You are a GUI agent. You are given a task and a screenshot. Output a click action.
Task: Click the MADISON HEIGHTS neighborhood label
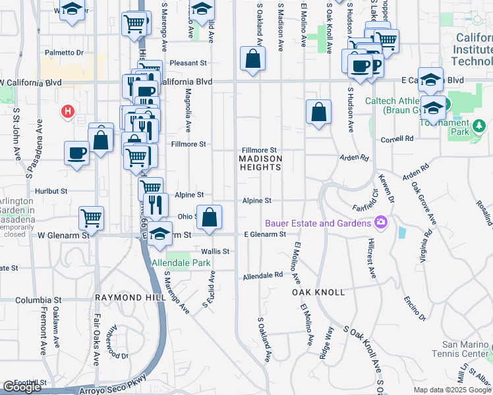(260, 163)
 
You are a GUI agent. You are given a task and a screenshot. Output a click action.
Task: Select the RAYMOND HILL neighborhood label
(128, 298)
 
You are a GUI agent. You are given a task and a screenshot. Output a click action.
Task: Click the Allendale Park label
(181, 263)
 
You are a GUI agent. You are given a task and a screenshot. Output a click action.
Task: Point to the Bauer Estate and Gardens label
(318, 223)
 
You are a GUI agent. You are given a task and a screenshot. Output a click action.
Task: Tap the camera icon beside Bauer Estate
(380, 223)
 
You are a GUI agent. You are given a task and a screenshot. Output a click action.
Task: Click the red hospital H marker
(67, 112)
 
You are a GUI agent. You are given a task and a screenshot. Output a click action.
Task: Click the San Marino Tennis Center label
(467, 350)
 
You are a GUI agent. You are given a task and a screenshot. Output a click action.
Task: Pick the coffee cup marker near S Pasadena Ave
(76, 153)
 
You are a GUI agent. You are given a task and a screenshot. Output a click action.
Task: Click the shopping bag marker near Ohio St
(209, 217)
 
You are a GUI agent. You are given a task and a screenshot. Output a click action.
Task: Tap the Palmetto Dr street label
(64, 52)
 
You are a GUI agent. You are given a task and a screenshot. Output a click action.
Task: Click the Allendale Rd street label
(262, 276)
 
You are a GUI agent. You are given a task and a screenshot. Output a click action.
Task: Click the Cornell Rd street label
(400, 139)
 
